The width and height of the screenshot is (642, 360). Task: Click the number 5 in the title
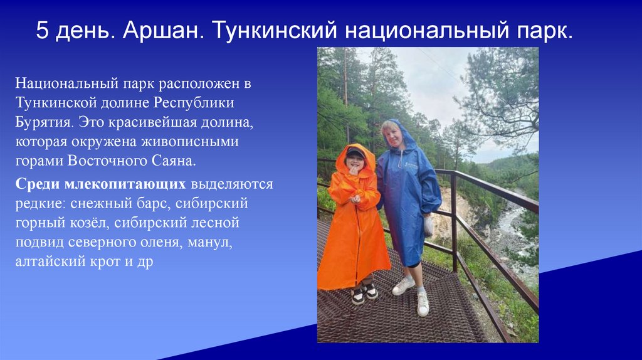coord(42,31)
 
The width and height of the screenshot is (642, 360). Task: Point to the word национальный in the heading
coord(416,31)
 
